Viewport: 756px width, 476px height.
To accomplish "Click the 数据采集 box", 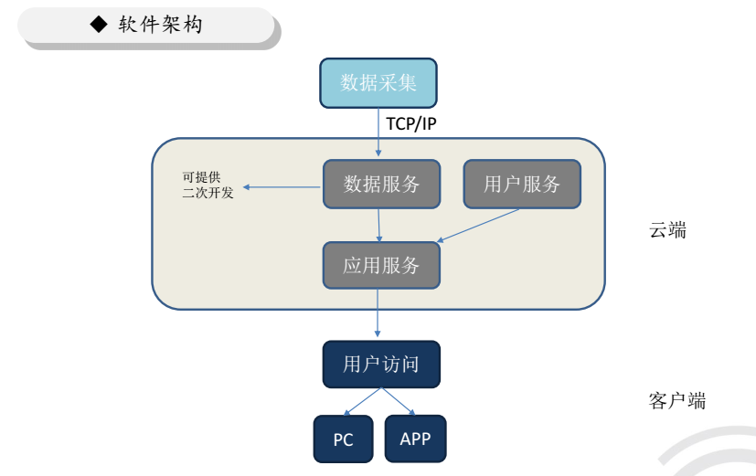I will click(378, 83).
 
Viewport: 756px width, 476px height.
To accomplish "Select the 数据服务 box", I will click(381, 184).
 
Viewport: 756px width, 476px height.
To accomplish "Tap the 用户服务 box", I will click(522, 184).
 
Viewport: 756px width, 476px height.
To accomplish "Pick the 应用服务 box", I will click(381, 265).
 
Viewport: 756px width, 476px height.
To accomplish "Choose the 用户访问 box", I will click(381, 365).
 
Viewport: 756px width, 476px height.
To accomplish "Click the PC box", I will click(343, 439).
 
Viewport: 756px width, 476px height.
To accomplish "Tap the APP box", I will click(415, 439).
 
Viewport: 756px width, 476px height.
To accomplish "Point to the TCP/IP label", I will click(410, 123).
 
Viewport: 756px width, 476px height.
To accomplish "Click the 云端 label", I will click(668, 230).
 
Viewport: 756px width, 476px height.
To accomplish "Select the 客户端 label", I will click(677, 400).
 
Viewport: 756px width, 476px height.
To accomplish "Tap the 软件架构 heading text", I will click(161, 25).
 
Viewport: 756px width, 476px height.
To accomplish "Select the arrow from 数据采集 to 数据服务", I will click(378, 133).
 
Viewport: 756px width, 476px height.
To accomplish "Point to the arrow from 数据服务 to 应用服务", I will click(379, 225).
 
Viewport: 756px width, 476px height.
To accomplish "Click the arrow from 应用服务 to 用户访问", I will click(378, 315).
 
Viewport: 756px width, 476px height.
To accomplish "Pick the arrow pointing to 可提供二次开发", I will click(282, 188).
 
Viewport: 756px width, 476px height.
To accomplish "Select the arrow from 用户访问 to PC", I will click(362, 402).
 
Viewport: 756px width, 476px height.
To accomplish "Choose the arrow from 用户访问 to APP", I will click(399, 402).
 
